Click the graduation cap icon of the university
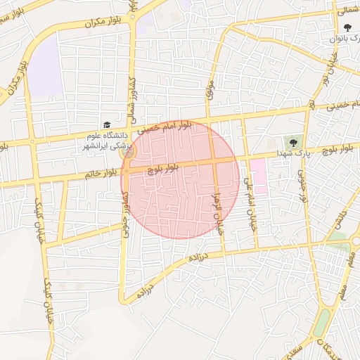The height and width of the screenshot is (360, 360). pos(105,124)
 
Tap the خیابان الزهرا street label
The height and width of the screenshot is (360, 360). pos(218,210)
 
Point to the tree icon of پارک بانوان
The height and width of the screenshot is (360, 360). pos(348,27)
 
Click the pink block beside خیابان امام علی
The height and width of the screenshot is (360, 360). pos(257,175)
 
